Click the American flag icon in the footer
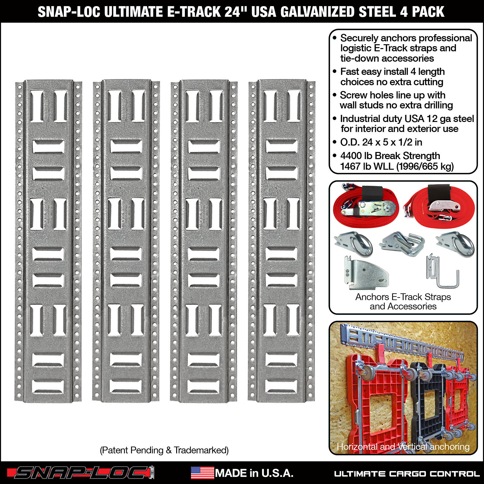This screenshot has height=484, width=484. [202, 473]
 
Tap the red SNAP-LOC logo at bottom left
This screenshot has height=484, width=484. [80, 473]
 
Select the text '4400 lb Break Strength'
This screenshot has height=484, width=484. [390, 156]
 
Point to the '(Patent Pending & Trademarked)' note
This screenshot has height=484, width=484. [164, 450]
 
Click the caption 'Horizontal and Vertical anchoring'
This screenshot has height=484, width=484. [403, 446]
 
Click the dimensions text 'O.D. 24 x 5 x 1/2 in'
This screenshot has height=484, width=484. [381, 142]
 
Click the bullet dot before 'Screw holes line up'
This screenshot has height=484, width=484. [334, 95]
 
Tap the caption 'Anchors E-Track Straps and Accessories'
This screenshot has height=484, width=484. [403, 301]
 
